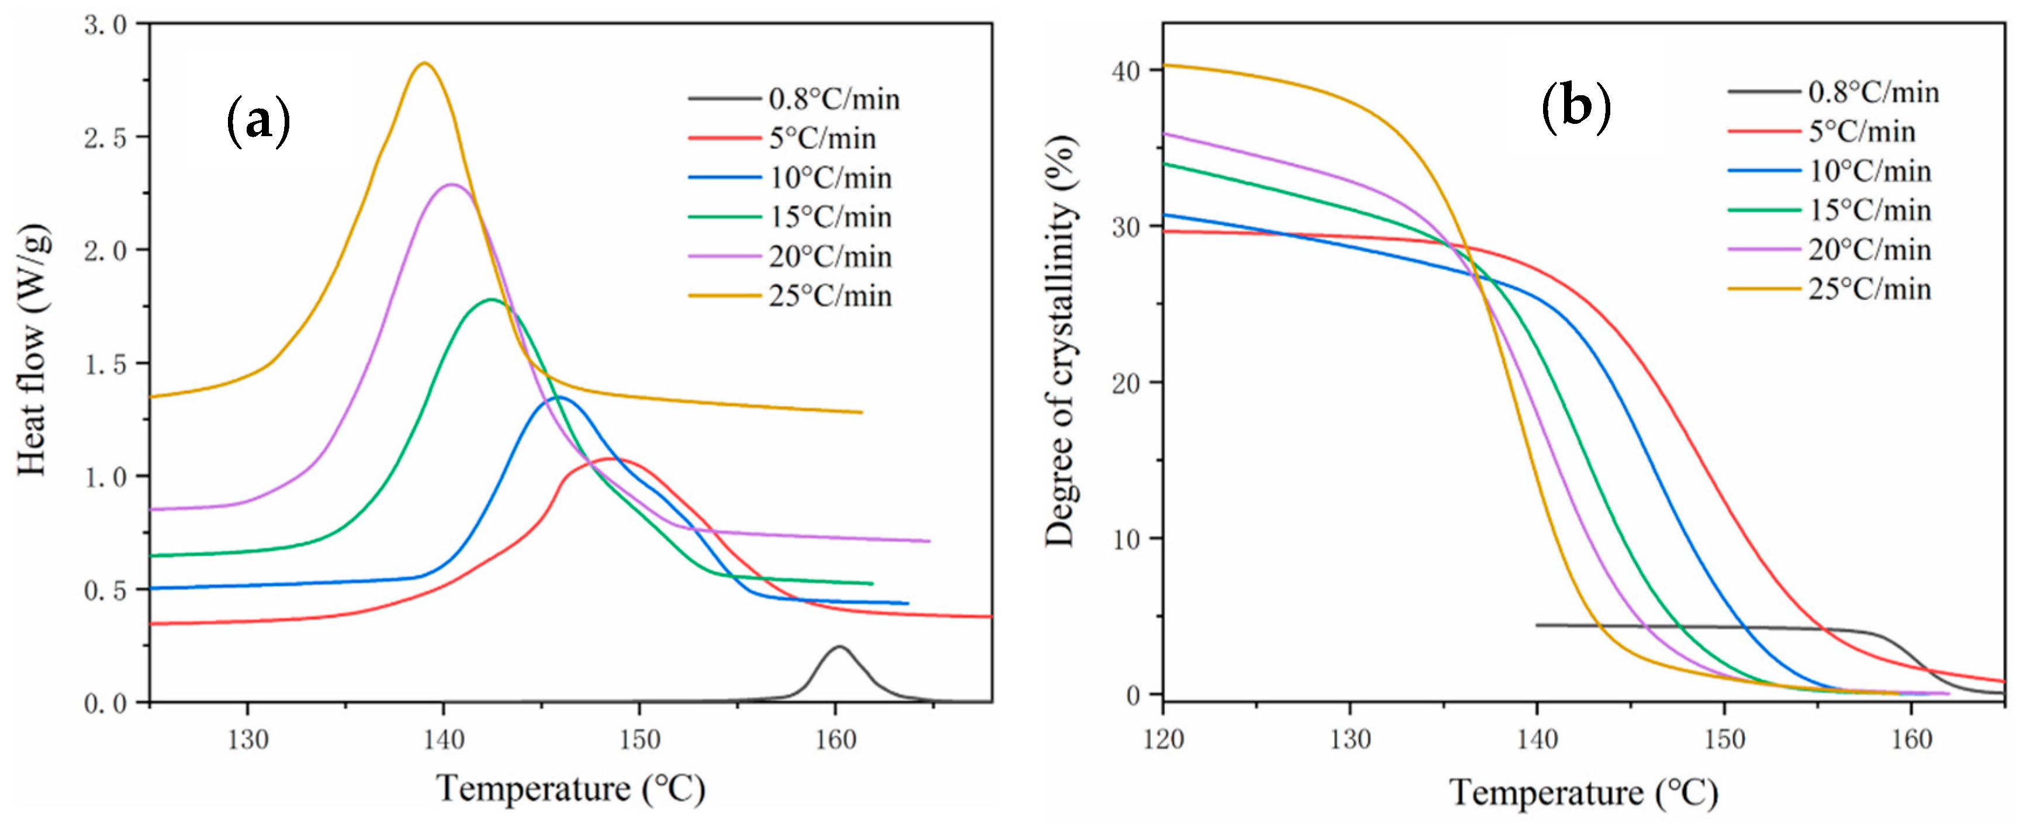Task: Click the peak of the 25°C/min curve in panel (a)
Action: coord(424,64)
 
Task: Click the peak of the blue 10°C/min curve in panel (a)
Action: coord(558,397)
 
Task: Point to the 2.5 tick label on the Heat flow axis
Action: coord(105,138)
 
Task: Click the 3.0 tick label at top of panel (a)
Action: coord(105,25)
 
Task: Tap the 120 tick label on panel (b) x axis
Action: coord(1163,739)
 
